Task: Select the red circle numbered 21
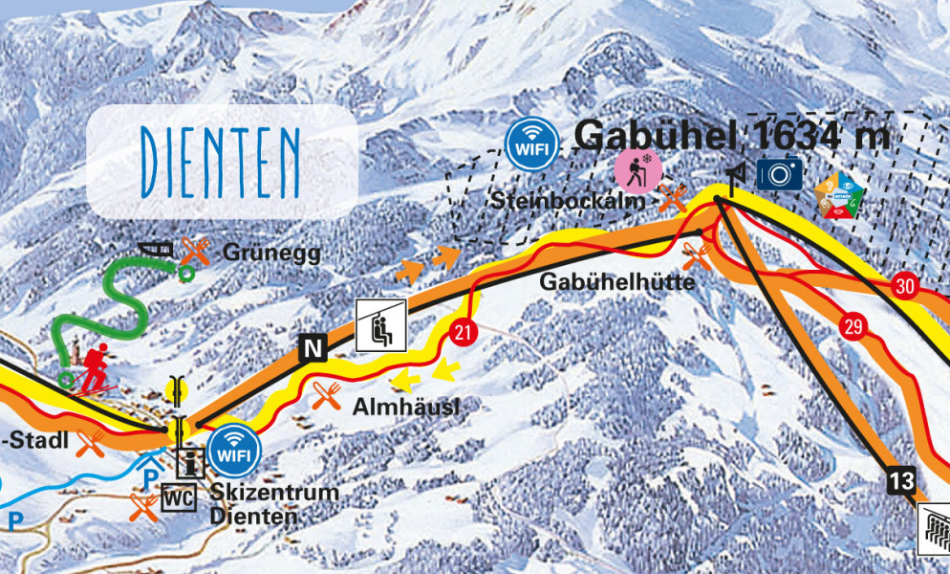tap(464, 332)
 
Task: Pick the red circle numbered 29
tap(853, 327)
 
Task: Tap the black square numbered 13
tap(900, 481)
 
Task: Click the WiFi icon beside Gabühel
tap(531, 144)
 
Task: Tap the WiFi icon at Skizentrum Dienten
tap(232, 450)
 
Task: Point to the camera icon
tap(779, 173)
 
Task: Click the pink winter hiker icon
tap(634, 169)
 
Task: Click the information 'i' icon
tap(190, 463)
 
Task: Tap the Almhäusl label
tap(404, 406)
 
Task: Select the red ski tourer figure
tap(95, 367)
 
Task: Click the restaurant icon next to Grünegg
tap(196, 252)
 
